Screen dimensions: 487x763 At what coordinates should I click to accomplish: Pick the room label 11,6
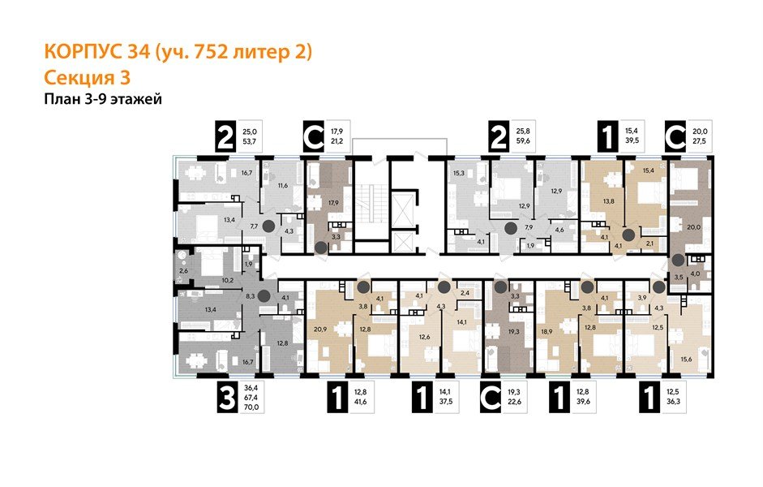(x=281, y=187)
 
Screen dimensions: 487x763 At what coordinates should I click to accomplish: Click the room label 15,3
(x=458, y=173)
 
